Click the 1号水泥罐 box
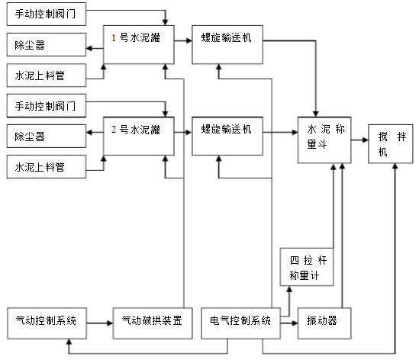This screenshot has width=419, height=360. [139, 44]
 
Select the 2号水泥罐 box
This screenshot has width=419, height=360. [139, 136]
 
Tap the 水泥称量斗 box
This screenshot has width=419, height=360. [324, 140]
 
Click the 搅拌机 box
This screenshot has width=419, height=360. [391, 143]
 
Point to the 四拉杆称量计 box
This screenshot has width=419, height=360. [307, 267]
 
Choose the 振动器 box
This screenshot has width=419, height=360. [324, 323]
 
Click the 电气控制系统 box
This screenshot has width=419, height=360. [240, 323]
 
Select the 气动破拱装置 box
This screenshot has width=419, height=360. [153, 323]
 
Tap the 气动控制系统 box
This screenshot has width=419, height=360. [47, 323]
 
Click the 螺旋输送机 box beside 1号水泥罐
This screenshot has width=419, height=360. [227, 44]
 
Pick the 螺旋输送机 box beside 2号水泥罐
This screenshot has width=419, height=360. [227, 136]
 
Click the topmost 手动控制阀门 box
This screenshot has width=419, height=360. [47, 14]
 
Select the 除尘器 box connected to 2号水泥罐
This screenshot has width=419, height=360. [47, 136]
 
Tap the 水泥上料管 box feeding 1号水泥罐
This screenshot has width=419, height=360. [47, 75]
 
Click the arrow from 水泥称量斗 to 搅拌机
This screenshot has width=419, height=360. [359, 140]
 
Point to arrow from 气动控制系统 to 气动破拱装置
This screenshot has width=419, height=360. [100, 323]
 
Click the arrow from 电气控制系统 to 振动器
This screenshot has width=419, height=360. [289, 323]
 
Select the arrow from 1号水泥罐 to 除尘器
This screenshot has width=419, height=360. [95, 48]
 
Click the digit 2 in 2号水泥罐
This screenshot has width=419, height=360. [114, 129]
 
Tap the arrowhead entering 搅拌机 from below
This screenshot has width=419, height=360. [395, 166]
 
